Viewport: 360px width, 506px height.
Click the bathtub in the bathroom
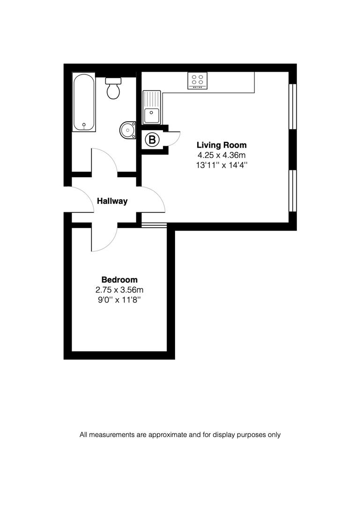tap(84, 102)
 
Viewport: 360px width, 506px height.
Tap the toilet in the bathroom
tap(113, 88)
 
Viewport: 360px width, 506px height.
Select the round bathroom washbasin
tap(127, 130)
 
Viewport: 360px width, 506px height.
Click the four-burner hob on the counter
tap(198, 81)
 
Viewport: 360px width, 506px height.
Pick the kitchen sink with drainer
tap(152, 107)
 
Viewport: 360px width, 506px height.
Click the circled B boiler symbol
tap(153, 140)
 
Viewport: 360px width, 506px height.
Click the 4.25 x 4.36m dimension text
tap(221, 155)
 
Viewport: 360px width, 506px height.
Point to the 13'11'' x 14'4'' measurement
tap(221, 165)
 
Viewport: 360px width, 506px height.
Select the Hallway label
tap(112, 201)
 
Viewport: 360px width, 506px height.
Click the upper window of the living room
tap(292, 106)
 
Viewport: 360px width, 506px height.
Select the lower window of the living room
tap(292, 191)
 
